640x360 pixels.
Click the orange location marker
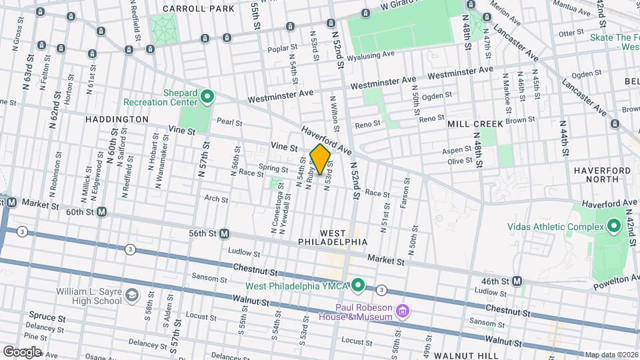[321, 161]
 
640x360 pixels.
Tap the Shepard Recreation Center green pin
[207, 97]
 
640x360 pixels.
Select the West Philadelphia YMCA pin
[357, 286]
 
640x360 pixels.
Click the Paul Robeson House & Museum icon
[402, 311]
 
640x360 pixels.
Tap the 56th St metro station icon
[225, 234]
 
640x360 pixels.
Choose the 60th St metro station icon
[102, 212]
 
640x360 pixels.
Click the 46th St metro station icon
[517, 281]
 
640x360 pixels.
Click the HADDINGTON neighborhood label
[117, 119]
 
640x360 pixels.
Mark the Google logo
[21, 351]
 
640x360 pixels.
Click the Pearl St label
[229, 123]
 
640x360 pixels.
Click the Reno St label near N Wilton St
[367, 124]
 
